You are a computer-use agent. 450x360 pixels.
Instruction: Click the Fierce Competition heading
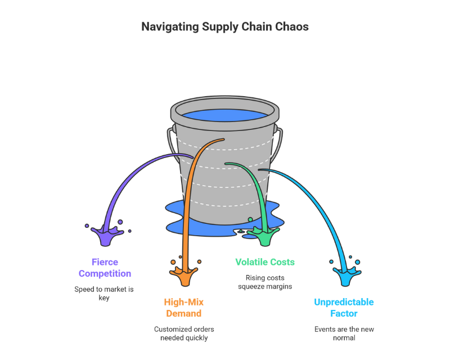click(x=105, y=268)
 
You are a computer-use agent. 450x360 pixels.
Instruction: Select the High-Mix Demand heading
click(x=183, y=307)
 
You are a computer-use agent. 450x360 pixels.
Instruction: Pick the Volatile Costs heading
click(x=264, y=262)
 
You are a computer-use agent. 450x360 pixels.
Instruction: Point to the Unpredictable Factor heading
click(x=344, y=308)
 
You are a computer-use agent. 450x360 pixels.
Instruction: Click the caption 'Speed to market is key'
click(x=105, y=294)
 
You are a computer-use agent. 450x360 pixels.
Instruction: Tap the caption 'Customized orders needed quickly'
click(x=184, y=333)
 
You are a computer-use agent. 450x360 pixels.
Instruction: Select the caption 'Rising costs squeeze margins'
click(x=264, y=282)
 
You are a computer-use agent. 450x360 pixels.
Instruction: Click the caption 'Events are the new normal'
click(x=344, y=334)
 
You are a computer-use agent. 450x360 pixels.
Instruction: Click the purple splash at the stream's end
click(x=107, y=235)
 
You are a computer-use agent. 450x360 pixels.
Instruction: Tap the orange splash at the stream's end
click(x=183, y=274)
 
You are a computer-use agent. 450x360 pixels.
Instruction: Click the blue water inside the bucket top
click(x=224, y=116)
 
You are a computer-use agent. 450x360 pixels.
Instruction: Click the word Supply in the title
click(x=220, y=26)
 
